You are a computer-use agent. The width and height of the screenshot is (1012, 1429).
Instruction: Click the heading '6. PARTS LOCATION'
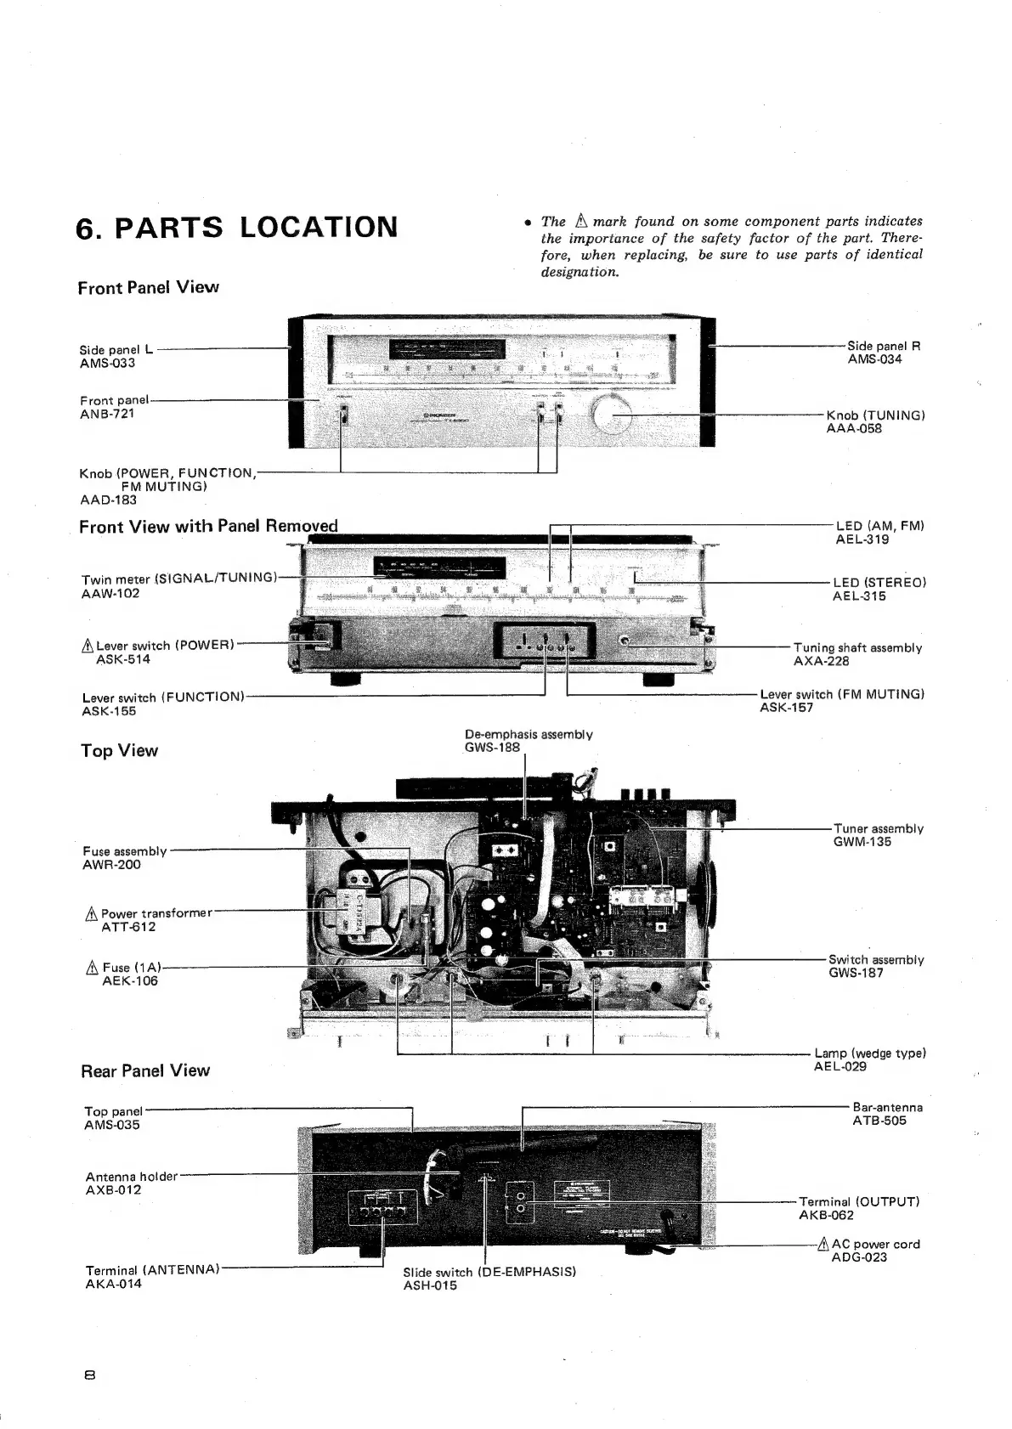pos(236,228)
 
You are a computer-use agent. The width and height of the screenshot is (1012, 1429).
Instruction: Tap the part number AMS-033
pos(107,364)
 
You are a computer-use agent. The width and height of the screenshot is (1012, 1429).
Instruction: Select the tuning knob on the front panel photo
pos(612,415)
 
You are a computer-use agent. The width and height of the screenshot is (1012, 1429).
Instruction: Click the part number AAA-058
pos(854,429)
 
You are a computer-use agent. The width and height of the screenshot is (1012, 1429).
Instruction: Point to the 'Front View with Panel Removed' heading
pos(208,526)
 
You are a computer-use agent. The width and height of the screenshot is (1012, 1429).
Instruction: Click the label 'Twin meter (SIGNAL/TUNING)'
pos(179,579)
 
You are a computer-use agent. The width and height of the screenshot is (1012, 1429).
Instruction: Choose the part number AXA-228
pos(821,662)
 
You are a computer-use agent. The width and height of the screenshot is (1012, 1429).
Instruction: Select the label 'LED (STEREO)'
pos(879,583)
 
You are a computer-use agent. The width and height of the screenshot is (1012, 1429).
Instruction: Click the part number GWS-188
pos(492,748)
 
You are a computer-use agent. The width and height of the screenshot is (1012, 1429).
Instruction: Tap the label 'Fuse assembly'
pos(125,851)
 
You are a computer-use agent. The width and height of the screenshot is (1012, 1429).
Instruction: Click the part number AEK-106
pos(130,981)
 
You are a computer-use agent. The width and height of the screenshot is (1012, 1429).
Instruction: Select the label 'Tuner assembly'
pos(878,828)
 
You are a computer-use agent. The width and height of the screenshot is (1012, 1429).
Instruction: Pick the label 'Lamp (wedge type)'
pos(869,1053)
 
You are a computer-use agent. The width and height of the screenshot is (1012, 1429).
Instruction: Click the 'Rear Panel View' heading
pos(144,1070)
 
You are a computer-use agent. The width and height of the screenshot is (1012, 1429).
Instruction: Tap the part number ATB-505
pos(879,1121)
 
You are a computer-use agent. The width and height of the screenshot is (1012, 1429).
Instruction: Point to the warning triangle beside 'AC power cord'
pos(823,1245)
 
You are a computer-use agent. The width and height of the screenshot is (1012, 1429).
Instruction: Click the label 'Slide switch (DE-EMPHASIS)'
pos(489,1272)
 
